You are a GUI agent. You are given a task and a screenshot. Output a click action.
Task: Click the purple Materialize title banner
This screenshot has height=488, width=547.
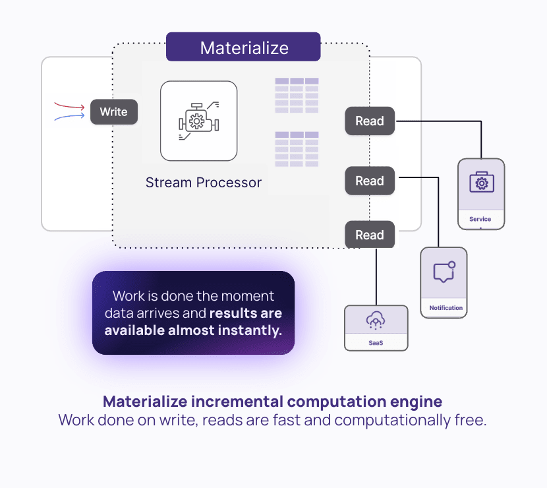coord(243,47)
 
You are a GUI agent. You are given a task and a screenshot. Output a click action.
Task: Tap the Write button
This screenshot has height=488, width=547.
coord(114,111)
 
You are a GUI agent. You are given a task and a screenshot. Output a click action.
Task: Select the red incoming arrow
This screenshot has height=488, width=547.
coord(69,106)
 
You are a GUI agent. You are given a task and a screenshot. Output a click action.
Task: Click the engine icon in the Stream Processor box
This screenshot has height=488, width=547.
coord(199,121)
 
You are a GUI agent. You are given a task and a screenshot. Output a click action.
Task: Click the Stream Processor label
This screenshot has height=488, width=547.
coord(204,183)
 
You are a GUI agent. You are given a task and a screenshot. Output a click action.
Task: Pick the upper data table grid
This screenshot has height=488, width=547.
coord(297,96)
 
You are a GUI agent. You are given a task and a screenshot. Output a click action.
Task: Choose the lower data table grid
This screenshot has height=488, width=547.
coord(297,149)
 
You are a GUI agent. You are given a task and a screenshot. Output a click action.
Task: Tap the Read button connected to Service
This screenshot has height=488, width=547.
coord(370,121)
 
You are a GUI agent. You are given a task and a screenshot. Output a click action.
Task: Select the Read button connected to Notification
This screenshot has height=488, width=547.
coord(370,181)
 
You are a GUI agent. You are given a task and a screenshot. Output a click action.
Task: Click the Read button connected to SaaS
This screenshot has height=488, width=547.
coord(370,235)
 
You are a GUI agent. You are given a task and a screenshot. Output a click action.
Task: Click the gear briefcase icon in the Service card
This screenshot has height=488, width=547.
coord(481,182)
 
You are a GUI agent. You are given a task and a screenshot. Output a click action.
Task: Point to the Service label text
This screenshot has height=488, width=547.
coord(480,219)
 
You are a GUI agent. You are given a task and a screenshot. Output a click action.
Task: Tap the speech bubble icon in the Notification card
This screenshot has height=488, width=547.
coord(444,272)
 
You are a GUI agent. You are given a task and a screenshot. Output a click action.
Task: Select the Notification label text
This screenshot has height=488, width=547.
coord(446,308)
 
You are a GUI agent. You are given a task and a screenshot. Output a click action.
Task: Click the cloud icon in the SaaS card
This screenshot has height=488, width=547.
coord(376,320)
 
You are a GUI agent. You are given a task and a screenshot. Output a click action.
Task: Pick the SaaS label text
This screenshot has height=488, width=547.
coord(376,343)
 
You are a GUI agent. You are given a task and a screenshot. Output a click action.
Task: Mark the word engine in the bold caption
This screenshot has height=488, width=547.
coord(416,402)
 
